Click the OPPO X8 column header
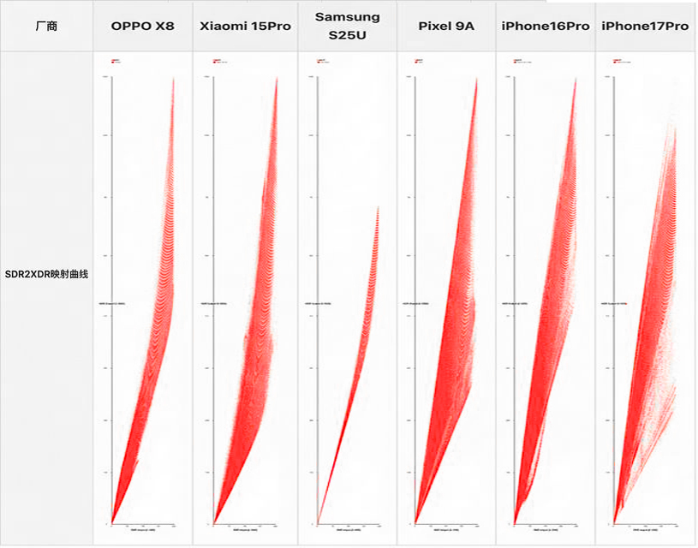[x=142, y=26]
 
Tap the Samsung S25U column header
[x=347, y=26]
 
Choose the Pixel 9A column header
[x=446, y=26]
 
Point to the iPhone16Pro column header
[x=546, y=26]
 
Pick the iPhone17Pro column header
[x=645, y=26]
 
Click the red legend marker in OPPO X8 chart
[x=114, y=61]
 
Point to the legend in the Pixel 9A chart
[x=418, y=61]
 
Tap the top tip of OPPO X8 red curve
[x=174, y=79]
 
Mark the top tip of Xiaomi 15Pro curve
[x=277, y=79]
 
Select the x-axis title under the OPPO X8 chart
[x=142, y=530]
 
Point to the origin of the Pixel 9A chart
[x=415, y=522]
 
